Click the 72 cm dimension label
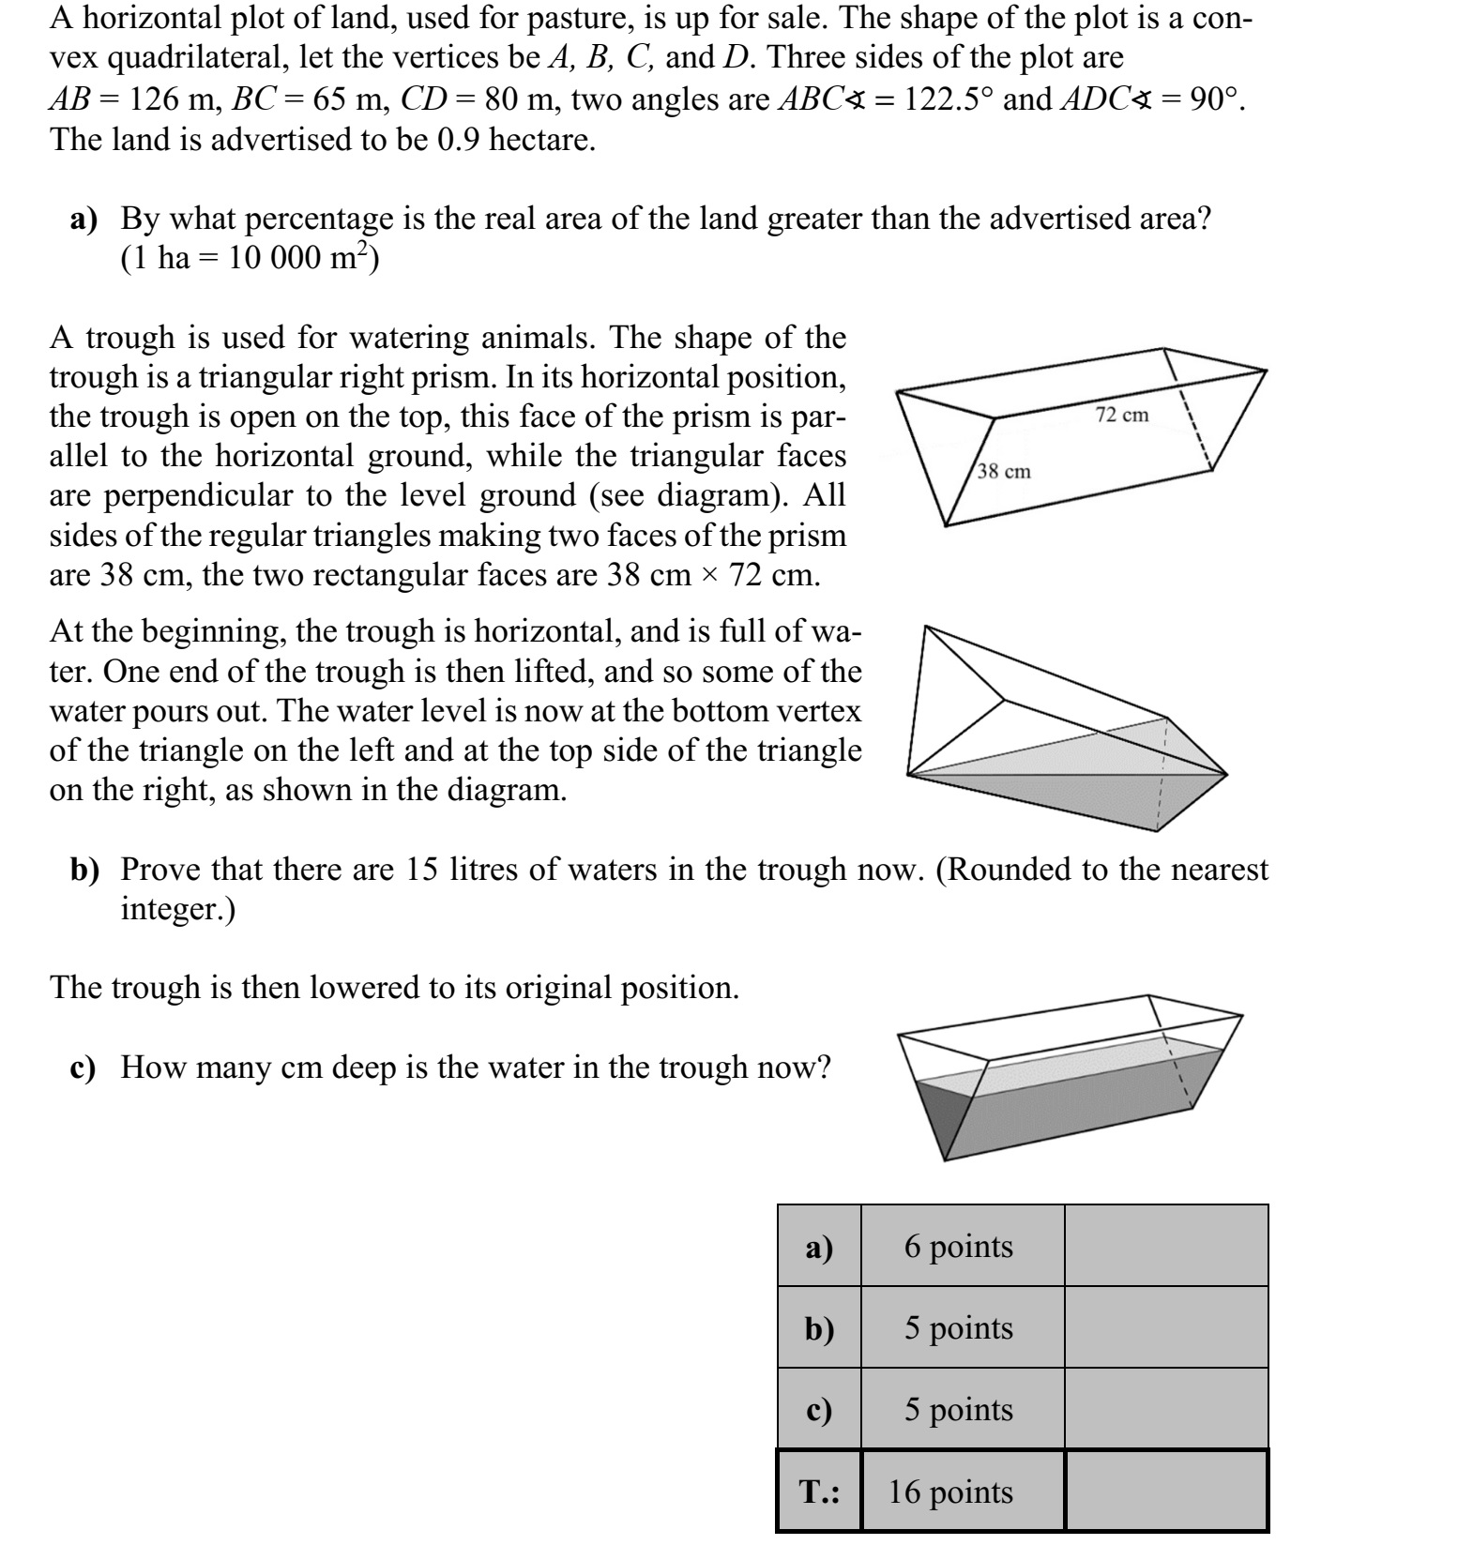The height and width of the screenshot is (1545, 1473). coord(1122,415)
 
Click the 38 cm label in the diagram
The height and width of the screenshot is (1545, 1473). coord(1004,471)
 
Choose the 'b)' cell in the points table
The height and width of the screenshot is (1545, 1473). coord(819,1327)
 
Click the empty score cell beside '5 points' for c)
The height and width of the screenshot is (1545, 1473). coord(1166,1409)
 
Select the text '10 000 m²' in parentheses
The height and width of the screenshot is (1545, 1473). coord(299,256)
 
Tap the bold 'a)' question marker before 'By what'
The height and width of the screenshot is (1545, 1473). coord(86,219)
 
